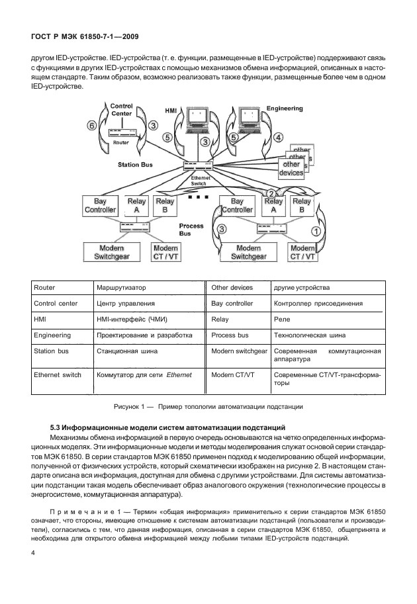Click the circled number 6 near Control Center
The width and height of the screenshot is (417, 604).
[x=93, y=125]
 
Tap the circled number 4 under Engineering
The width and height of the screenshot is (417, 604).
[x=279, y=138]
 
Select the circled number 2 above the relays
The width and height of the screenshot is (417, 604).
[x=271, y=193]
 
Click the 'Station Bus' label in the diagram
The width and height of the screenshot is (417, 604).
[x=136, y=164]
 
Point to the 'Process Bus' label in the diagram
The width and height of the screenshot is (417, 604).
[x=191, y=230]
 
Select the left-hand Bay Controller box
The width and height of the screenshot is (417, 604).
[x=100, y=206]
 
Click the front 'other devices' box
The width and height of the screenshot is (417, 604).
[x=291, y=168]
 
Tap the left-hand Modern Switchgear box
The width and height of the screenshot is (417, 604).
[x=112, y=252]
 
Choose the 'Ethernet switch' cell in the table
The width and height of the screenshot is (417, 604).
[x=58, y=374]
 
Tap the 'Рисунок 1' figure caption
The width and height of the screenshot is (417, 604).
[x=208, y=405]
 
